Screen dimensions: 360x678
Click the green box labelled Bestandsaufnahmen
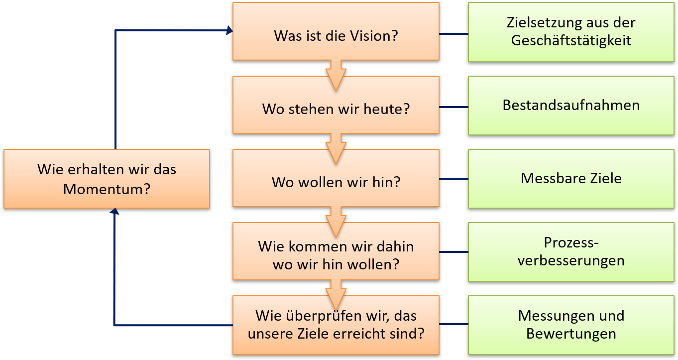pos(571,106)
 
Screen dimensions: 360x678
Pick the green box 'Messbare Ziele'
pos(571,178)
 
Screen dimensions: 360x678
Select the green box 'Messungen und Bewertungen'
pos(571,325)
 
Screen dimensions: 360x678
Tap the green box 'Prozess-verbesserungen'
pos(571,252)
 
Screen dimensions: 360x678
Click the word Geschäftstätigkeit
pos(571,40)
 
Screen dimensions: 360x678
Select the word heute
pos(385,109)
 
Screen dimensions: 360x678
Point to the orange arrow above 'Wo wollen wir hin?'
pos(336,147)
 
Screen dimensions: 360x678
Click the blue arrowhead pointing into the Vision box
pos(229,31)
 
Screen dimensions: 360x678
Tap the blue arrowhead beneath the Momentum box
pos(114,212)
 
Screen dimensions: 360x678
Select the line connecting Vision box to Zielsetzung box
pos(453,34)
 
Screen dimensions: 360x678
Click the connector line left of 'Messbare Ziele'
pos(453,179)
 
